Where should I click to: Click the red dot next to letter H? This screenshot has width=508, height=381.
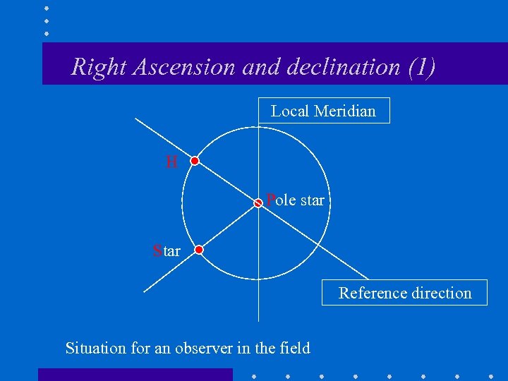tap(195, 161)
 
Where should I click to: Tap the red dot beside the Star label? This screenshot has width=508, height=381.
tap(199, 250)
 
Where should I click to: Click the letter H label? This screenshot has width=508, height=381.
tap(171, 162)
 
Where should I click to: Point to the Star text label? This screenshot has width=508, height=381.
tap(167, 250)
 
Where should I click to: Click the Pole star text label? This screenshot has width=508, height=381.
tap(295, 200)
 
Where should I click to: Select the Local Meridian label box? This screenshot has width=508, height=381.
tap(324, 111)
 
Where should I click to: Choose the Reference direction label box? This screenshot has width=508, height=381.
tap(404, 293)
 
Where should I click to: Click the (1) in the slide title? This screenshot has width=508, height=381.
tap(421, 67)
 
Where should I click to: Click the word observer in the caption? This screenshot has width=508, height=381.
tap(205, 348)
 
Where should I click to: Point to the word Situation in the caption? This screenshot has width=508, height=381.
tap(92, 348)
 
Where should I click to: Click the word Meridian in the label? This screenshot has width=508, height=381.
tap(345, 111)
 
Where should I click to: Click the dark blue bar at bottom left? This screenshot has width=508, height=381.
tap(135, 374)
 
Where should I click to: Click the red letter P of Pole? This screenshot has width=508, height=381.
tap(270, 200)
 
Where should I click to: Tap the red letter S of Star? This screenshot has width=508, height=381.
tap(157, 250)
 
